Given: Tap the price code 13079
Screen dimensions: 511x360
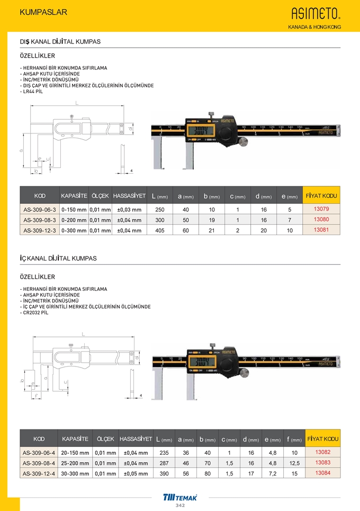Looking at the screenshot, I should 321,209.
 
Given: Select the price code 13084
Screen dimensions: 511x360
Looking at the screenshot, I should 322,473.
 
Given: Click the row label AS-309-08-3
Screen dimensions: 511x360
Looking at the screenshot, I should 40,220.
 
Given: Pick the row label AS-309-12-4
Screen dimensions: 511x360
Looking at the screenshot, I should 40,473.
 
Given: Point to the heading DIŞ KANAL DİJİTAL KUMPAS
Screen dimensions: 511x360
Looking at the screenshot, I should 60,41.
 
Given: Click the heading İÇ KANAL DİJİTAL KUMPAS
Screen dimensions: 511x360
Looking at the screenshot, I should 58,258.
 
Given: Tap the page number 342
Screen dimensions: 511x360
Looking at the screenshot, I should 180,506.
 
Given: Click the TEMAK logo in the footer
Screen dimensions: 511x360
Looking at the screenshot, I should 180,497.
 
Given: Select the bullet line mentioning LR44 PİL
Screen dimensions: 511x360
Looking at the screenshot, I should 32,92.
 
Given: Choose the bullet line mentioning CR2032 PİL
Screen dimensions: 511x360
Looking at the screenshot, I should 34,312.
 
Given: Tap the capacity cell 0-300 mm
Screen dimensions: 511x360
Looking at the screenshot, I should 74,230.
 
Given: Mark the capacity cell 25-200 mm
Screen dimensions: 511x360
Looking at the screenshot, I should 75,463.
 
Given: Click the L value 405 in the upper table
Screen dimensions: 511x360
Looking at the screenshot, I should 159,230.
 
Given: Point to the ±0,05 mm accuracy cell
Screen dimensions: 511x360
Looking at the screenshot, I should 136,473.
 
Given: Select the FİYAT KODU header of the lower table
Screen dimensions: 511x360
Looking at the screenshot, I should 322,439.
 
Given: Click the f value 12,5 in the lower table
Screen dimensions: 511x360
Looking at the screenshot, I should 294,463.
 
